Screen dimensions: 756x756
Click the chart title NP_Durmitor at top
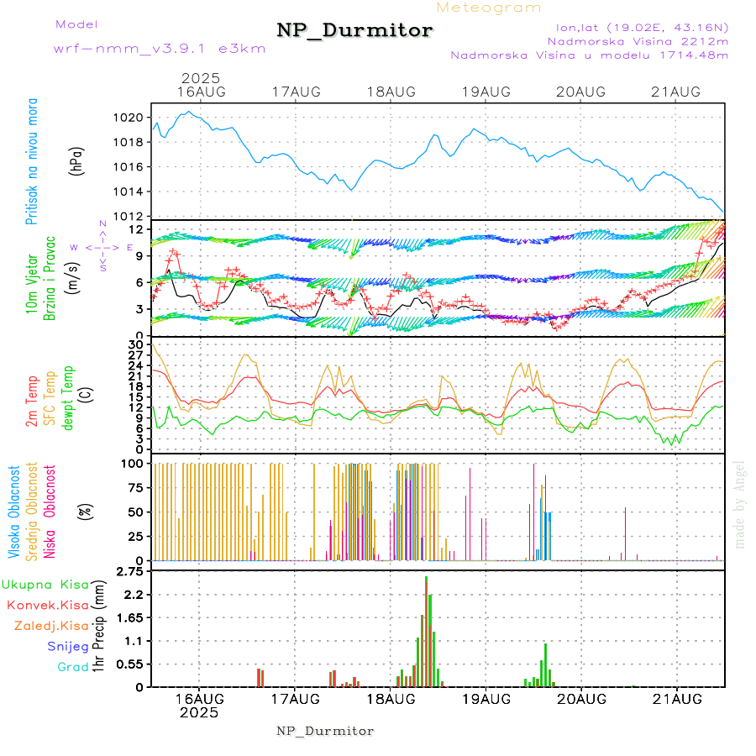click(354, 31)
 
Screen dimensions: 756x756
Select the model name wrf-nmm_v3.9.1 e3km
click(160, 48)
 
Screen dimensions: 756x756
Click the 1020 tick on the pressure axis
click(129, 118)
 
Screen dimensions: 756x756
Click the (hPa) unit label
click(76, 160)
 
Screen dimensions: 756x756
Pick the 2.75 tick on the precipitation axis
click(130, 572)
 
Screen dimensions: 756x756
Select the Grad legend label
click(73, 667)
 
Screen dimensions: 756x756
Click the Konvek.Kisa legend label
click(48, 604)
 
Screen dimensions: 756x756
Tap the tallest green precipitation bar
click(426, 631)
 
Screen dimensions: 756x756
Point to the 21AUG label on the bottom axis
click(677, 699)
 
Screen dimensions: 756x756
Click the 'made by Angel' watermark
click(740, 504)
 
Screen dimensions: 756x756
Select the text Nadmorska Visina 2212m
click(638, 40)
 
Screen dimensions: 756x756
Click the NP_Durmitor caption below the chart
click(325, 731)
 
